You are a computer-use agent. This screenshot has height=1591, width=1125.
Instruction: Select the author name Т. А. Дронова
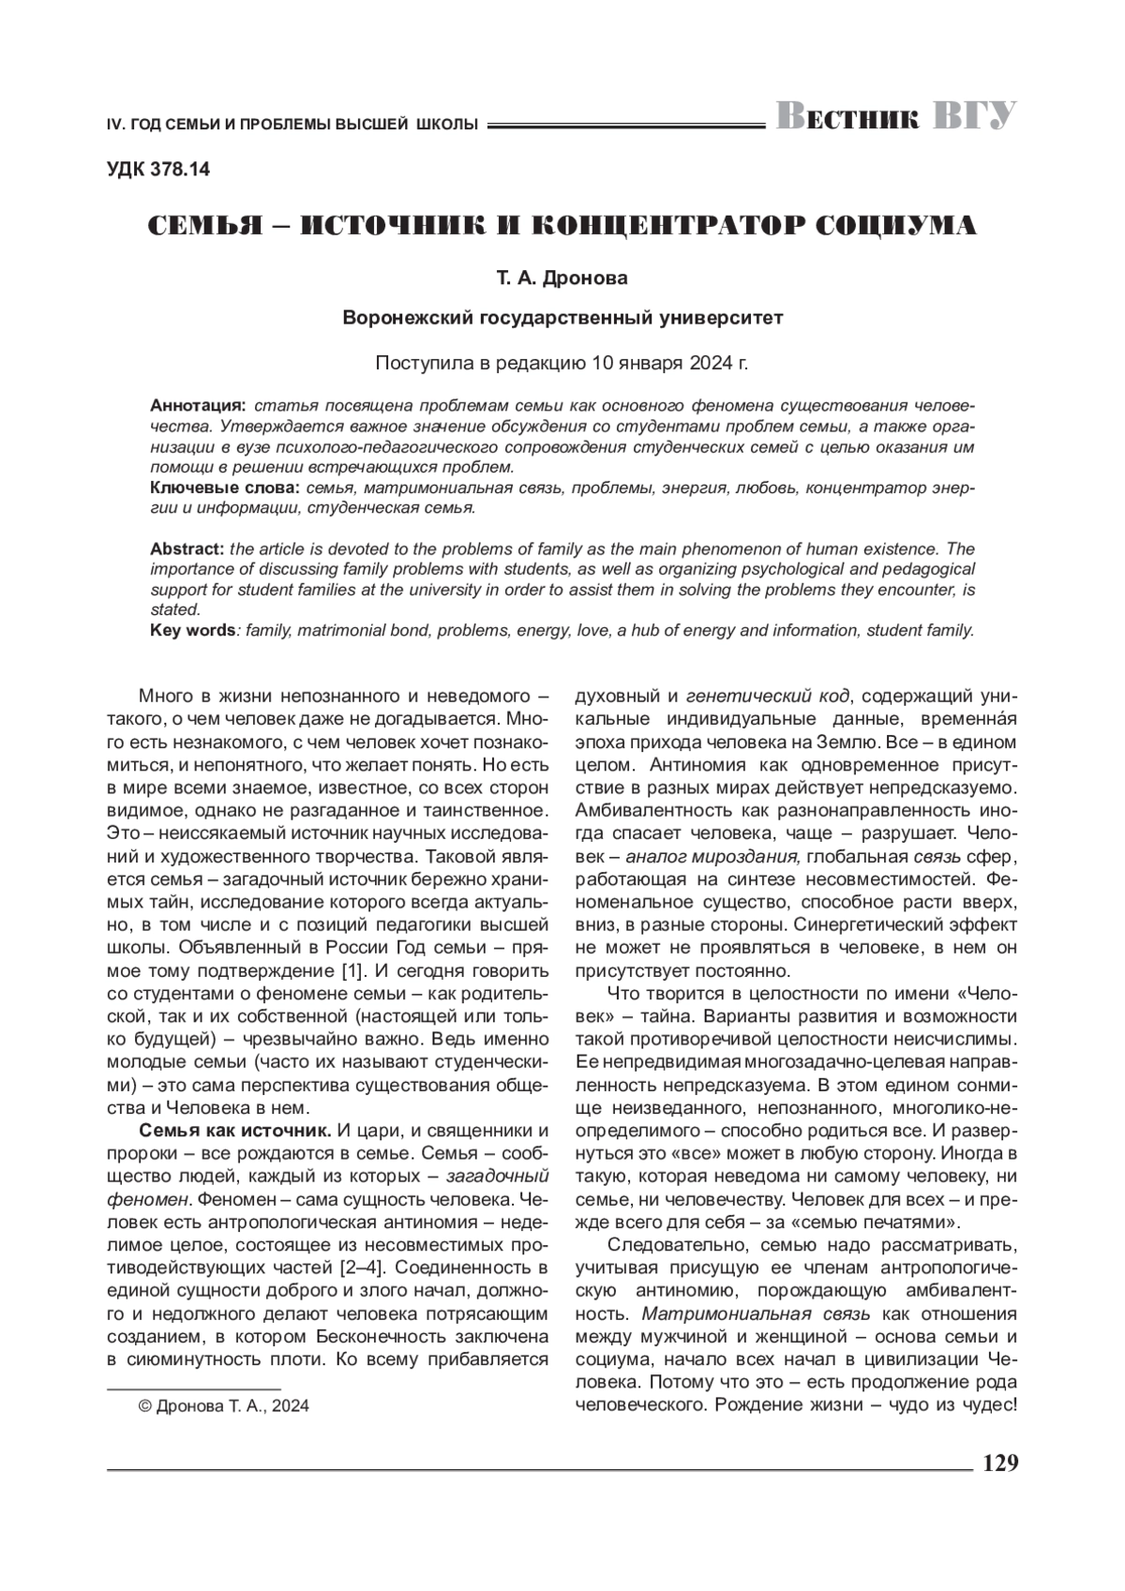point(562,278)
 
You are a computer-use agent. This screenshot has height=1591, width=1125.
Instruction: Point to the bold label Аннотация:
point(198,405)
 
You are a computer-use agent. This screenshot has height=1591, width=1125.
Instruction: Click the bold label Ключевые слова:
point(224,488)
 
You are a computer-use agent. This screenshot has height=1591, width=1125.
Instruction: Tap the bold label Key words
point(192,630)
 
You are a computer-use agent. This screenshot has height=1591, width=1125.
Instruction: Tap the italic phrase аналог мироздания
point(712,857)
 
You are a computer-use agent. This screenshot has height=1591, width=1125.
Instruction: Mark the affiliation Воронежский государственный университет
point(562,318)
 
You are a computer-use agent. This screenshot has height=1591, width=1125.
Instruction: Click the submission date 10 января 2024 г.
point(667,363)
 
